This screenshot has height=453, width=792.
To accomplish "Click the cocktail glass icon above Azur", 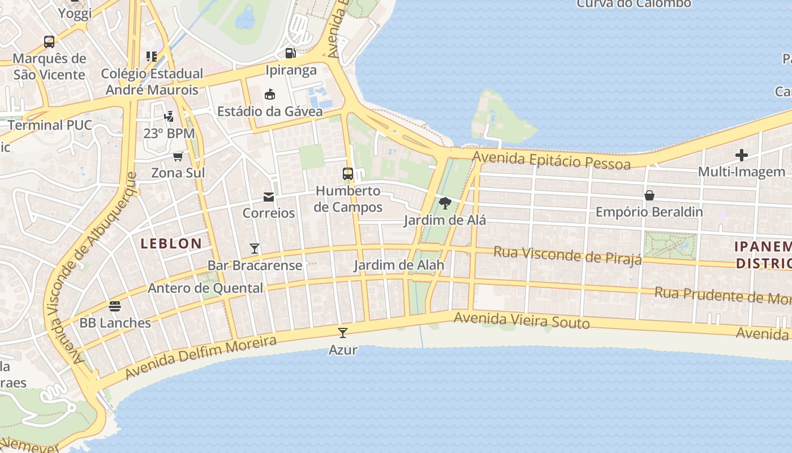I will tap(342, 332).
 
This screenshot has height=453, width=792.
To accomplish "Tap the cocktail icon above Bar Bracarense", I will tap(255, 248).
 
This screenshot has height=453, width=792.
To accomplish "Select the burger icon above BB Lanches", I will tap(115, 306).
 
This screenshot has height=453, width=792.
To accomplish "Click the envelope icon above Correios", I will tap(269, 196).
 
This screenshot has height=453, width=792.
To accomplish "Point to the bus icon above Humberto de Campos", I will tap(348, 173).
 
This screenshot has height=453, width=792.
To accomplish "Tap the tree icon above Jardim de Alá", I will tap(445, 203).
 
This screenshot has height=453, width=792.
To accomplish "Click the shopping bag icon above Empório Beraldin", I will tap(649, 195).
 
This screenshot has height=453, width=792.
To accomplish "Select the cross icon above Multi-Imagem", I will tap(742, 155).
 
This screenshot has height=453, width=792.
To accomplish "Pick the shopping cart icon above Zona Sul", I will tap(178, 156).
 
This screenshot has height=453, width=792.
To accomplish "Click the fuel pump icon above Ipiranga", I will tap(291, 53).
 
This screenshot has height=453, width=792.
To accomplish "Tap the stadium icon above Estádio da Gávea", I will tap(270, 94).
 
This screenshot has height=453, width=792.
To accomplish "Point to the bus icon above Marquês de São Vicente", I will tap(49, 41).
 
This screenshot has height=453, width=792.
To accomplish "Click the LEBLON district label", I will tap(171, 244).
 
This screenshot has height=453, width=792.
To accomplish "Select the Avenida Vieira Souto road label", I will tap(522, 321).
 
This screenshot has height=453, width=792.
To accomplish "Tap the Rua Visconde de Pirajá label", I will tap(567, 255).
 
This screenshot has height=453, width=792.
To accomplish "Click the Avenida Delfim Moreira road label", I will tap(201, 357).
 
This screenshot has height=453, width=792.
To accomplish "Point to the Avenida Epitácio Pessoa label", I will tap(552, 160).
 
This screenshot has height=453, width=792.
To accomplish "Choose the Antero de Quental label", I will tap(205, 288).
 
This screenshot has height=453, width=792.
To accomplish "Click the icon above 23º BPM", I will tap(169, 117).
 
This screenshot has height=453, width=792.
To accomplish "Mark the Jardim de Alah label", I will tap(399, 265).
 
